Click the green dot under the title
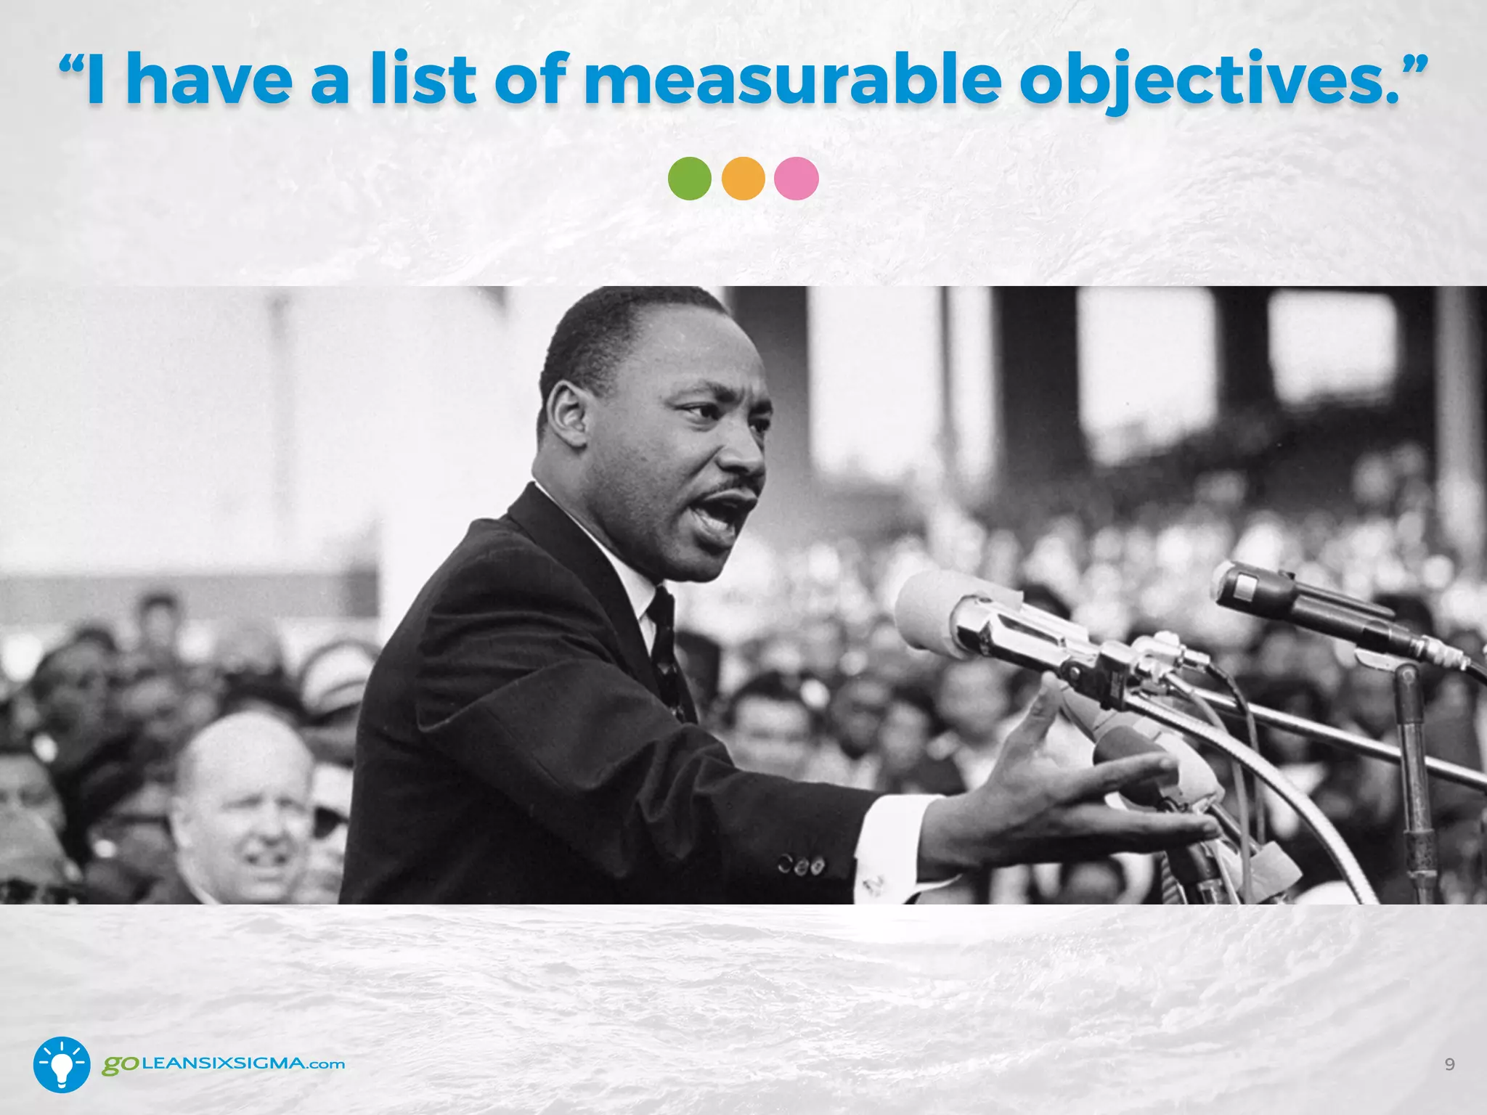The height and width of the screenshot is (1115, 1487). (x=689, y=179)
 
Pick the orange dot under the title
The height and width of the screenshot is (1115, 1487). (x=743, y=179)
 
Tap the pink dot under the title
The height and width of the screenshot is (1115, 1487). (x=797, y=179)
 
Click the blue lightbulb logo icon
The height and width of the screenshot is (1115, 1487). (x=62, y=1064)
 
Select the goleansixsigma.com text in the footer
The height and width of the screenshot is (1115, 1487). (x=223, y=1064)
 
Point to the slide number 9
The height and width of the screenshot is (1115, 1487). (x=1449, y=1064)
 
